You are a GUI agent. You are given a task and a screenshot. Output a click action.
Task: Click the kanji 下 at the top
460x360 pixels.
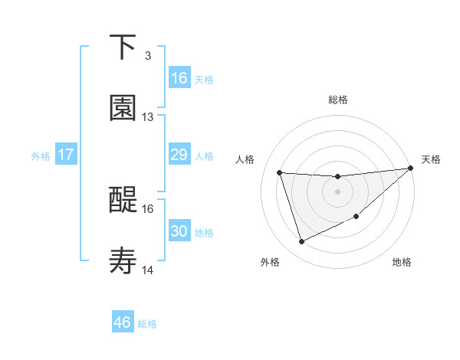pos(123,47)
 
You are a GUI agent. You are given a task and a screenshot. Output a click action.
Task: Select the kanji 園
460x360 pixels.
pos(123,108)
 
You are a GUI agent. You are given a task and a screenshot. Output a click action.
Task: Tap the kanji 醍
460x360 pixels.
pos(123,200)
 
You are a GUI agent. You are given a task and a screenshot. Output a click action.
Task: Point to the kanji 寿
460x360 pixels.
pos(123,261)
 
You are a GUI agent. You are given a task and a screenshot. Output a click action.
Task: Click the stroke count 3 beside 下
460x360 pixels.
pos(147,55)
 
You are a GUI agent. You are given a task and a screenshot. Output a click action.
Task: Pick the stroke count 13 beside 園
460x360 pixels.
pos(148,116)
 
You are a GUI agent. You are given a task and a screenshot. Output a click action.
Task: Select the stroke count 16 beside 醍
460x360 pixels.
pos(148,208)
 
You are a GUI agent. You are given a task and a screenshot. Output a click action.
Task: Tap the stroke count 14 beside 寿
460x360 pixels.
pos(148,270)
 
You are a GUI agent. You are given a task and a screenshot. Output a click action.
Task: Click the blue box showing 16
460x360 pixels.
pos(179,78)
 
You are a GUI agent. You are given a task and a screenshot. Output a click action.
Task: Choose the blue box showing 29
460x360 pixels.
pos(179,155)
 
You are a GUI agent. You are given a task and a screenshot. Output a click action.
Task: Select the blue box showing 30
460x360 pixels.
pos(179,231)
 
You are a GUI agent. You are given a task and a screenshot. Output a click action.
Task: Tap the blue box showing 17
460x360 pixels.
pos(66,155)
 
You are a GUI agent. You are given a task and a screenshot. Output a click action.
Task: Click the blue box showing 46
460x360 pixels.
pos(123,322)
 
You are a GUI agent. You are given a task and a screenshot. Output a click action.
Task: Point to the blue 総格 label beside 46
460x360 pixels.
pos(147,324)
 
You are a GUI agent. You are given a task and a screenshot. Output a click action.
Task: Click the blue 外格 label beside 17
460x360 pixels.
pos(41,156)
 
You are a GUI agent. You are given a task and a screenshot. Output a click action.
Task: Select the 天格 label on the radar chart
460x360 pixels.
pos(431,159)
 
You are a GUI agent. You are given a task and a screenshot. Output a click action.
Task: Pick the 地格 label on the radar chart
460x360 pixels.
pos(402,262)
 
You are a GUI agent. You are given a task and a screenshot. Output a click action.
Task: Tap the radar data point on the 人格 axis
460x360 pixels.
pos(280,172)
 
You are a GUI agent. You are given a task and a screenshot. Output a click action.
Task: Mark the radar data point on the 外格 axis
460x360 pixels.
pos(301,242)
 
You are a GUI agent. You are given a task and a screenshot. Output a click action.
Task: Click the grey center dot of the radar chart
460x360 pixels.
pos(337,191)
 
